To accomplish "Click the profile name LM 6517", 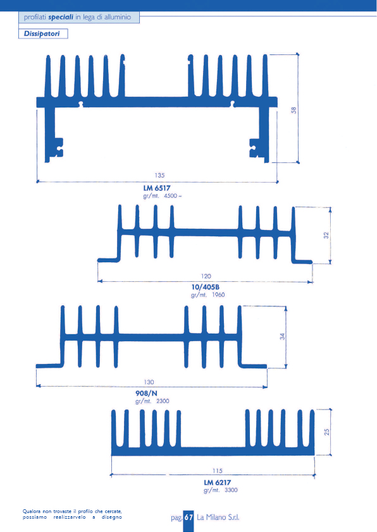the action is [157, 188].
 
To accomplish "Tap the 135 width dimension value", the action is [159, 176].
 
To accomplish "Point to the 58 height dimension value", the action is [294, 111].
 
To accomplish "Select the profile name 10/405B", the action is [206, 287].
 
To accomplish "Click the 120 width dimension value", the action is [206, 276].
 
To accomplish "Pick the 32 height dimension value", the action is [326, 235].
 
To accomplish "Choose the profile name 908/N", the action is [146, 393].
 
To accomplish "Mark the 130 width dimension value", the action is [149, 382].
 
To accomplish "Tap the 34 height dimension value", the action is [282, 337].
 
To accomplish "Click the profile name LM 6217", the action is [218, 483].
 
